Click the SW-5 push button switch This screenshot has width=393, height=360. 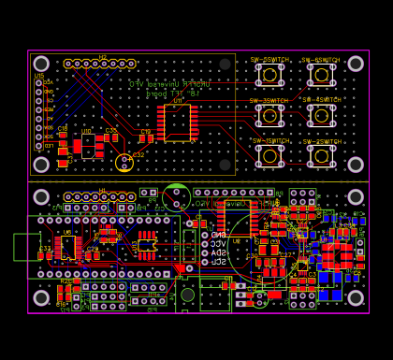[x=269, y=74]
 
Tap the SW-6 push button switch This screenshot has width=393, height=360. [x=321, y=74]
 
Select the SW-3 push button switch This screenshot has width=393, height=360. [x=269, y=115]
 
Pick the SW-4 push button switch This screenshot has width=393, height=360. [x=321, y=114]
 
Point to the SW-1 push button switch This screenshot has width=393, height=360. [x=269, y=155]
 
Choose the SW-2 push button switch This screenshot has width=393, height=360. [x=321, y=155]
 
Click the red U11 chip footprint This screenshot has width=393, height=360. [x=177, y=122]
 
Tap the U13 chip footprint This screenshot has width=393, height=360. [x=147, y=246]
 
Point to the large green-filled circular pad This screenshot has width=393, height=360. [x=176, y=197]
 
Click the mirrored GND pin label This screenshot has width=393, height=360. [x=218, y=235]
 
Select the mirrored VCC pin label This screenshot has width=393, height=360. [x=218, y=243]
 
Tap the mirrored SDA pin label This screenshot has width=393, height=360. [x=218, y=252]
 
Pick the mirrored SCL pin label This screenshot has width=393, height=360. [x=218, y=261]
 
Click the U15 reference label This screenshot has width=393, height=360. [x=39, y=76]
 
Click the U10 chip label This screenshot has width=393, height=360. [x=86, y=132]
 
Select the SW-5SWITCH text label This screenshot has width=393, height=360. [x=269, y=59]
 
